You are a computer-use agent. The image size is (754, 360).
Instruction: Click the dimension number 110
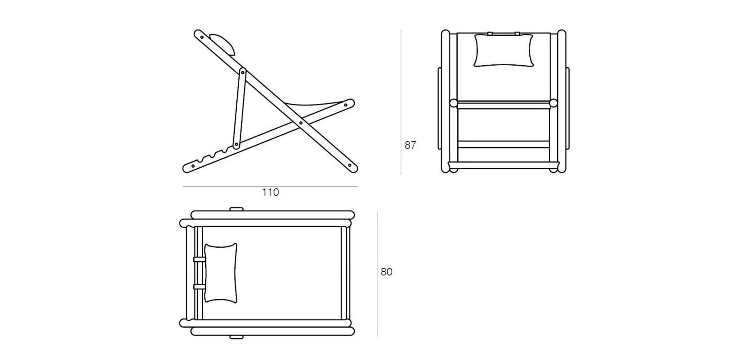(x=270, y=192)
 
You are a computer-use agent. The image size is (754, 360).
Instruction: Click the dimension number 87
(x=410, y=145)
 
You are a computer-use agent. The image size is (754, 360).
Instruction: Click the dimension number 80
(x=386, y=272)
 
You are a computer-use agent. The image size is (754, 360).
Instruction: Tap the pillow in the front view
(x=504, y=50)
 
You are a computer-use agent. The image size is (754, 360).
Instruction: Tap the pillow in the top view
(x=220, y=273)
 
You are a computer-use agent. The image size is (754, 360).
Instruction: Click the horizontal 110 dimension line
(x=270, y=186)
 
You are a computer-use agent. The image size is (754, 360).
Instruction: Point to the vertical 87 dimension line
(x=401, y=102)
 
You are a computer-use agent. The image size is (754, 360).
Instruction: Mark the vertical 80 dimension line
(x=377, y=274)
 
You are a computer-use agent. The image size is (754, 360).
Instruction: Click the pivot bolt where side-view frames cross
(x=301, y=123)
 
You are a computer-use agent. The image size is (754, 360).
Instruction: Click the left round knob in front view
(x=453, y=103)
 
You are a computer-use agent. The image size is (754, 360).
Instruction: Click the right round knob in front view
(x=553, y=103)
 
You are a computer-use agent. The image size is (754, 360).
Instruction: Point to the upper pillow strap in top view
(x=199, y=259)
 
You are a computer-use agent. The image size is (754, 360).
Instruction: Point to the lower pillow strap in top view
(x=199, y=287)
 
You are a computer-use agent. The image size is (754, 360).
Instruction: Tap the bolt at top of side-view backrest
(x=202, y=37)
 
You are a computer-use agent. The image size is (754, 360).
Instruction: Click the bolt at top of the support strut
(x=242, y=72)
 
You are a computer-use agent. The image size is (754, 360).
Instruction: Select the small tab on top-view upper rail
(x=237, y=209)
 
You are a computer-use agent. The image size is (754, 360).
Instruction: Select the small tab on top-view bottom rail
(x=237, y=337)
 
